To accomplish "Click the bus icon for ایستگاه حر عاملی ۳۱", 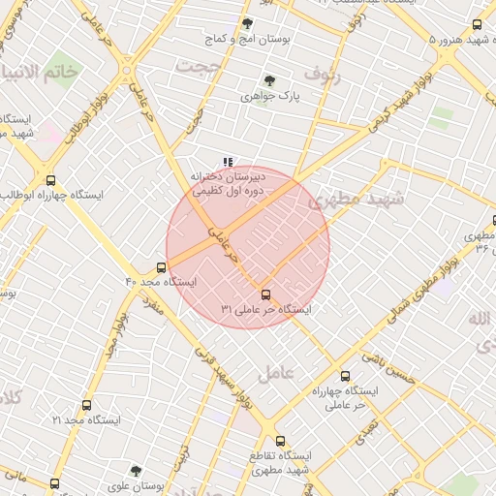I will point(265,294).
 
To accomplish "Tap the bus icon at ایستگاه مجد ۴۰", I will point(161,267).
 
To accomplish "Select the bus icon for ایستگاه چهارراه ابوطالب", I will point(50,179).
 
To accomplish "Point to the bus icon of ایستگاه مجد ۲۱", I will point(87,406).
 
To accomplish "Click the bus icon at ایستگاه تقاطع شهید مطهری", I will point(280,441).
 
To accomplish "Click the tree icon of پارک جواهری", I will point(269,81).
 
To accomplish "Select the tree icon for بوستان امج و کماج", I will point(247,23).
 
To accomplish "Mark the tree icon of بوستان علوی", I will point(136,472).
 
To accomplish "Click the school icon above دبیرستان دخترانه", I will point(228,163).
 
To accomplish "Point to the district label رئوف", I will point(323,73).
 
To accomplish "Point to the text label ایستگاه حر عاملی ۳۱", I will point(265,310).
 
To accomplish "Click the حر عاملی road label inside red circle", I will point(223,244).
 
